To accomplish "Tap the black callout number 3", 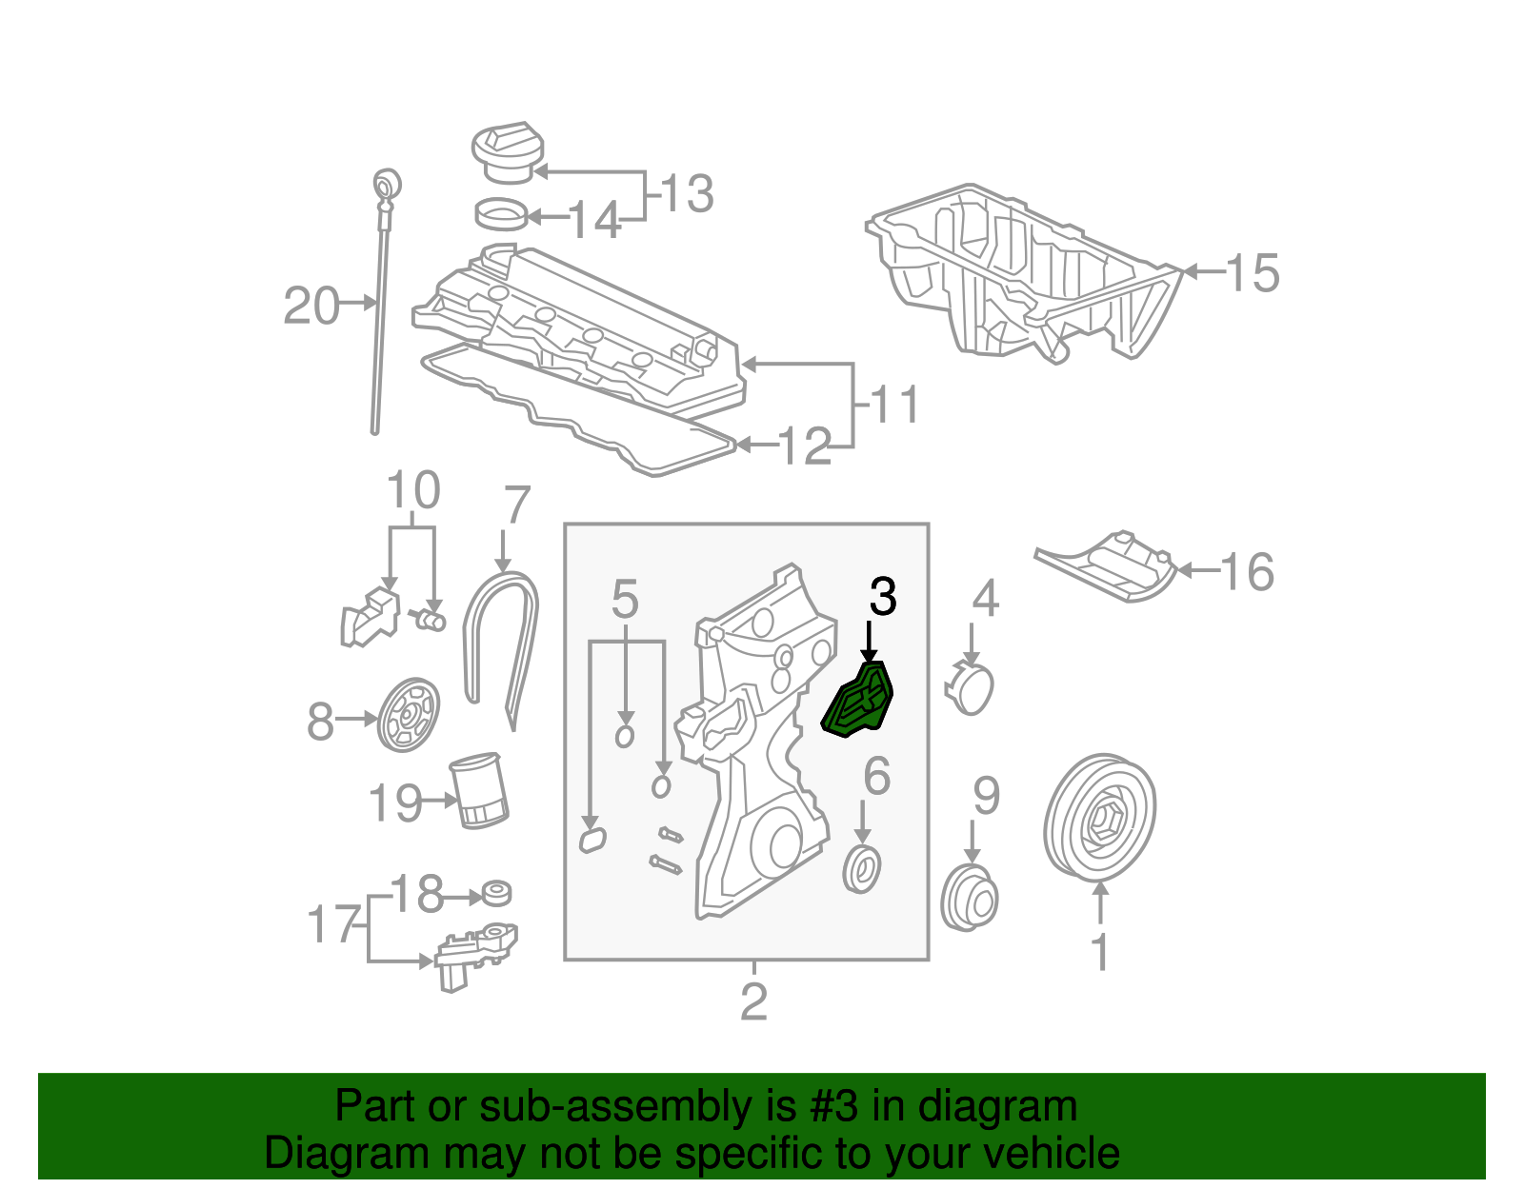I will (883, 597).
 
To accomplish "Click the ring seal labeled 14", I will (501, 214).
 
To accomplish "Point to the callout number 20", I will (311, 307).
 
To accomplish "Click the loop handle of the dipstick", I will (387, 182).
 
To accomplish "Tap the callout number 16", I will (1247, 572).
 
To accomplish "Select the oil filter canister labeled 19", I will (480, 789).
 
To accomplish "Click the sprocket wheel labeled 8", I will (409, 715).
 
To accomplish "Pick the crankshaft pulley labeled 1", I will (1100, 818).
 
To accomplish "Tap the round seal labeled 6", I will (863, 869).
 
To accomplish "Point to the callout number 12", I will (805, 446).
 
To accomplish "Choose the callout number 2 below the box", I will (753, 1001).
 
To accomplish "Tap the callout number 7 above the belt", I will (515, 505).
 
